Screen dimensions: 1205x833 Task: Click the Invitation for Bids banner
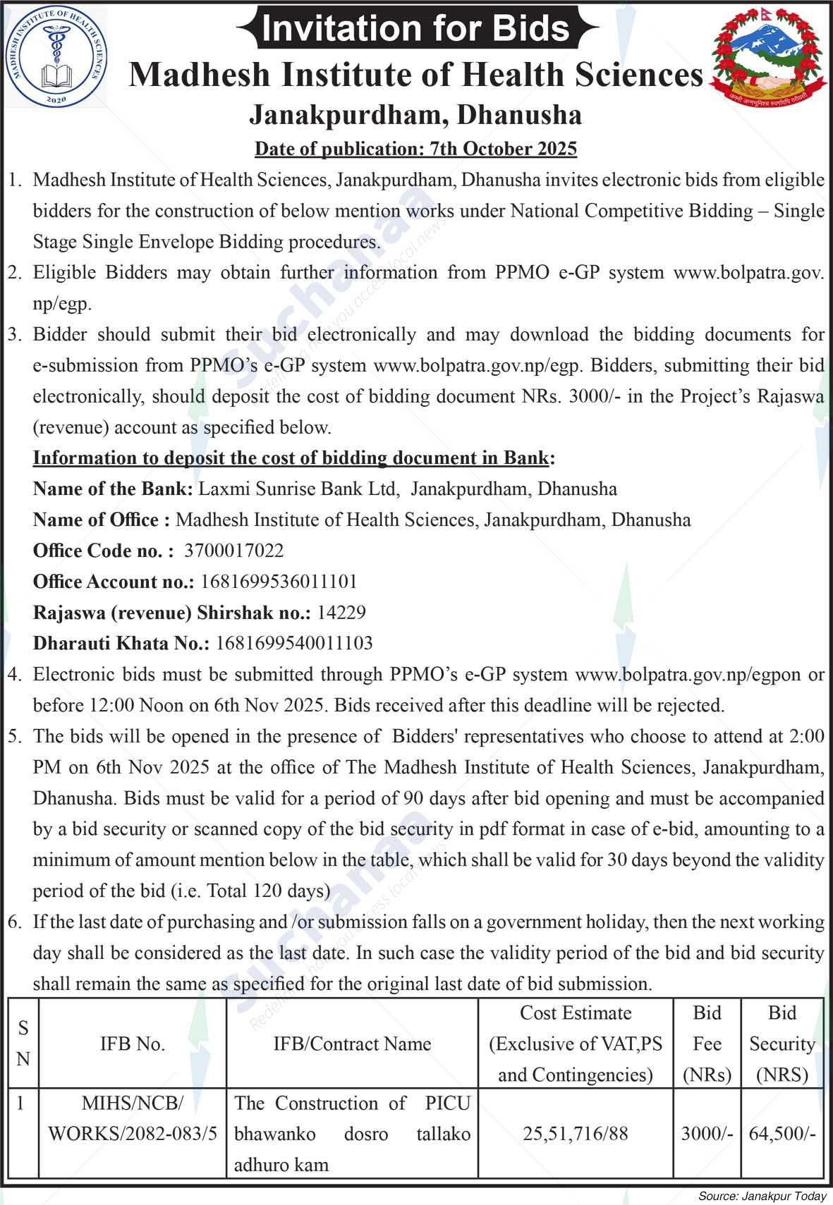(416, 28)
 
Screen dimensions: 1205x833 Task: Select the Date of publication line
(415, 149)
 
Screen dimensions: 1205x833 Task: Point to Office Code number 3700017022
(233, 551)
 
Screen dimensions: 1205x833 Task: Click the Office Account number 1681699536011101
(279, 582)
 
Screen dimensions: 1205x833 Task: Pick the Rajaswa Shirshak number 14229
(341, 612)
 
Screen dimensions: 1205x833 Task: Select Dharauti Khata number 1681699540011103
(294, 643)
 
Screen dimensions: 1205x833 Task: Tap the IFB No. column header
(133, 1044)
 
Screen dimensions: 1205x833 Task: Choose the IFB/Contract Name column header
(352, 1044)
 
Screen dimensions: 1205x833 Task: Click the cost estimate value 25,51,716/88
(576, 1133)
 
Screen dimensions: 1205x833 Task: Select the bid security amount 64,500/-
(782, 1133)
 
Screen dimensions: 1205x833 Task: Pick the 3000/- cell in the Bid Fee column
(707, 1133)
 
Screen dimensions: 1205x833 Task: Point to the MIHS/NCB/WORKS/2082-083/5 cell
(133, 1118)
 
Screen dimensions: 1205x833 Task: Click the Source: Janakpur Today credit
(762, 1196)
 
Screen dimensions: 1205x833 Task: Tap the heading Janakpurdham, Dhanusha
(415, 115)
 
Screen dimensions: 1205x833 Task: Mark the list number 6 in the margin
(14, 922)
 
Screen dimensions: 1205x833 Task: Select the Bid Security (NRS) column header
(782, 1044)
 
